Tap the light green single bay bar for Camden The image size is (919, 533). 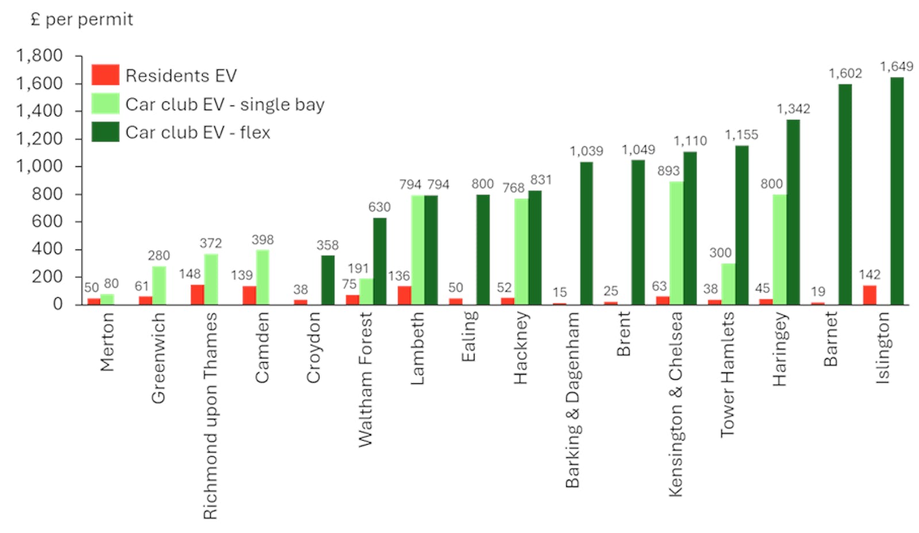point(262,277)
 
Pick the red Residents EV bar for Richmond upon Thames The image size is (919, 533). point(197,294)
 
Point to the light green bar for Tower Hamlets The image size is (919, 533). point(728,284)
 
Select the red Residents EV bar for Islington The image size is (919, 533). point(870,295)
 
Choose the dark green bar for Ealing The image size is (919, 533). point(482,250)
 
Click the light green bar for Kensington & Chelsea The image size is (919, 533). point(676,243)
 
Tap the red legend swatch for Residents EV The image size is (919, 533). point(105,75)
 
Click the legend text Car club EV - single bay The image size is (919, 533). point(225,104)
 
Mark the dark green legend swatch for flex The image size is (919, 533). point(105,132)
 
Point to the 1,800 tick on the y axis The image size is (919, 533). point(40,56)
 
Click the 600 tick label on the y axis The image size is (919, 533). point(47,221)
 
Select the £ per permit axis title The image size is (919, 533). point(82,20)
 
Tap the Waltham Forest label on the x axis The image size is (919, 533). point(365,379)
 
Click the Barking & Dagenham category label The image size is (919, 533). point(572,400)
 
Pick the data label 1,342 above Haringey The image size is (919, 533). point(793,109)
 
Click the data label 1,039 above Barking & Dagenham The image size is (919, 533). point(586,151)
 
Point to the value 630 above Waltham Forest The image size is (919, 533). point(379,207)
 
